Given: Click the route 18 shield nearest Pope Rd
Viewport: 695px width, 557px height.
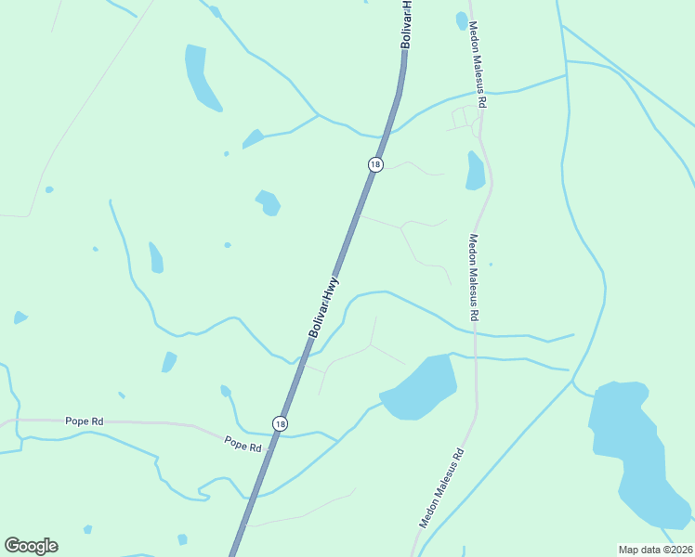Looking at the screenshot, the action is [x=280, y=423].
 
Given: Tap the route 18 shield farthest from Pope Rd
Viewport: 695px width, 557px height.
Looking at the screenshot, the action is [x=374, y=164].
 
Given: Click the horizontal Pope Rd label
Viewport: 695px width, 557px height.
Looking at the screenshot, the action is [x=84, y=421].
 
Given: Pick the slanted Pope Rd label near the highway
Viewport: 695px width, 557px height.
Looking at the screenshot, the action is [x=243, y=444].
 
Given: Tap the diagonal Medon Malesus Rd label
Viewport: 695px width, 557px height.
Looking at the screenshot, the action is [x=440, y=489].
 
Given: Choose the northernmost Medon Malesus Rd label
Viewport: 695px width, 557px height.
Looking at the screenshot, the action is [x=478, y=65].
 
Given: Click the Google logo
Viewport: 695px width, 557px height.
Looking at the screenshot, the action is [x=31, y=546].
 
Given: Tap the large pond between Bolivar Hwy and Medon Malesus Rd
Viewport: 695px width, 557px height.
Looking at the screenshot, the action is [x=421, y=386].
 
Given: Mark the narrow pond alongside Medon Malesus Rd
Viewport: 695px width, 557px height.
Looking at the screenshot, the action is [x=475, y=171].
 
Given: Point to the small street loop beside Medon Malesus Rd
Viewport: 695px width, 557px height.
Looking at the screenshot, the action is [x=462, y=119].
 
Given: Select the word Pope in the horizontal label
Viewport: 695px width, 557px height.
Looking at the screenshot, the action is [x=75, y=421].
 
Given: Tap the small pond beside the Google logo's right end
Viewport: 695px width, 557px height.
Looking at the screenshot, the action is [x=87, y=529].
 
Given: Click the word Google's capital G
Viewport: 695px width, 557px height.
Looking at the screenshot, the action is [x=12, y=545].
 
